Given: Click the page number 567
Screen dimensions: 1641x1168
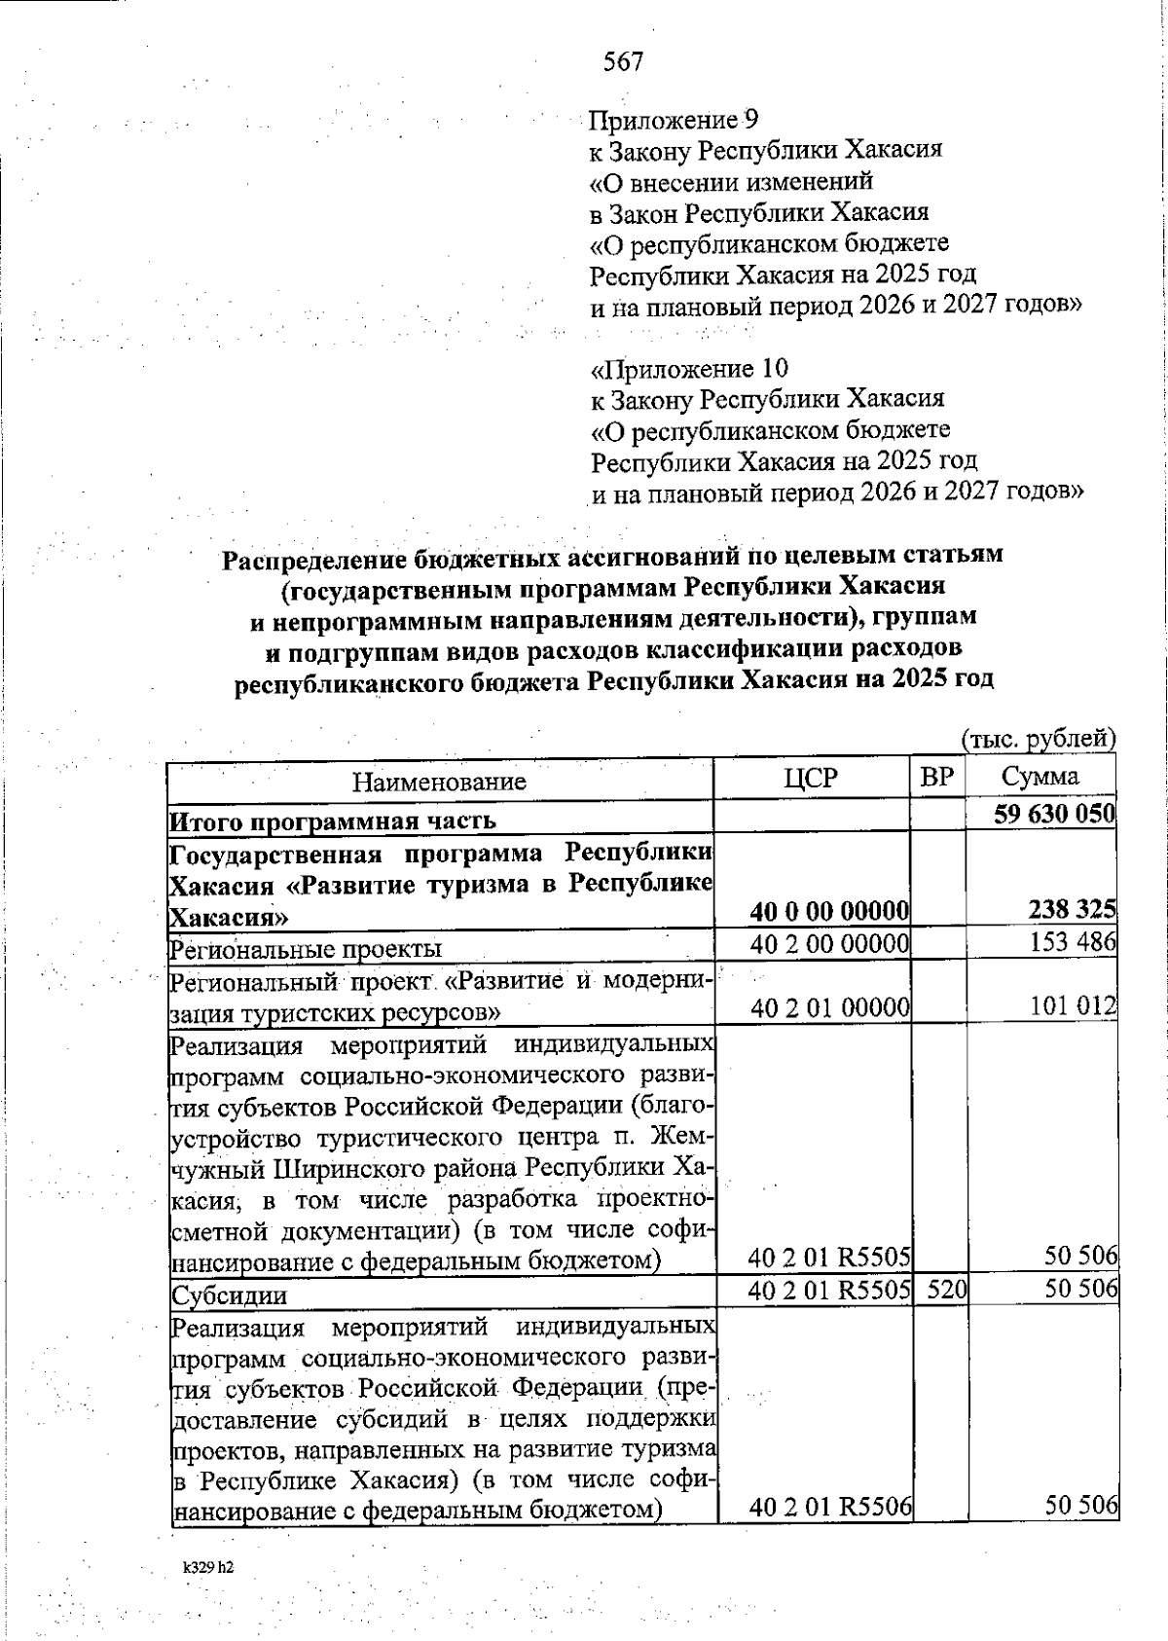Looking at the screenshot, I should (623, 62).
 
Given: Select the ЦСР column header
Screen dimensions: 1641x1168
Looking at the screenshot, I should (811, 778).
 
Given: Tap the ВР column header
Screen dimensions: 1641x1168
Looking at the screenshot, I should (937, 777).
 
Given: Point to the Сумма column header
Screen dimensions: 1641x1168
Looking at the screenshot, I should (1040, 777).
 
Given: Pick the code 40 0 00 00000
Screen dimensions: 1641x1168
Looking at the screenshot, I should (829, 912).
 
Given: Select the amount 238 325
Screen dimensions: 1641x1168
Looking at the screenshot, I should (1072, 910).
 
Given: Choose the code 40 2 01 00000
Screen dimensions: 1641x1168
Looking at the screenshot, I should (829, 1007).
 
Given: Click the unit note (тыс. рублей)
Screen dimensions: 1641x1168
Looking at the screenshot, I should (1038, 739).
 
